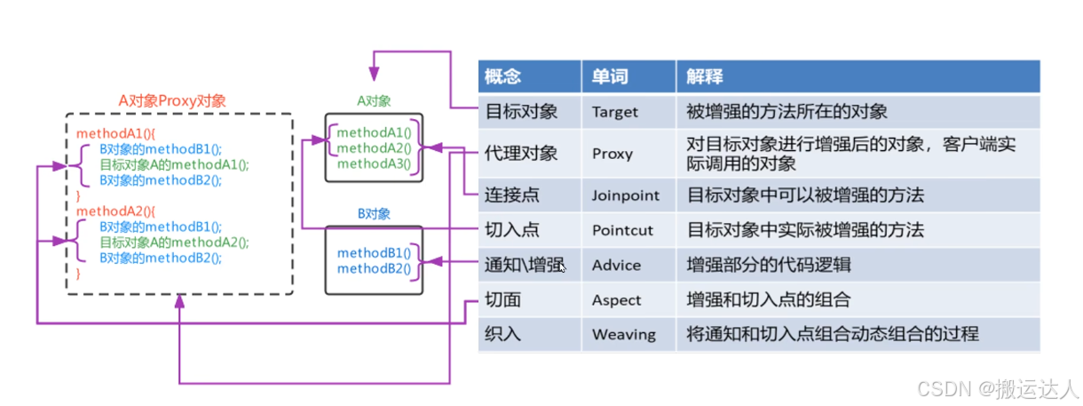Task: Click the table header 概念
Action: coord(502,77)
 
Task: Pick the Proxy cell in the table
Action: coord(613,153)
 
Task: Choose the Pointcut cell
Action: coord(622,230)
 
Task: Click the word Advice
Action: coord(616,265)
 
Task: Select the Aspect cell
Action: coord(616,300)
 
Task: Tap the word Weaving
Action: coord(623,335)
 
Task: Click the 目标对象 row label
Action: coord(521,112)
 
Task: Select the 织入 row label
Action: coord(502,335)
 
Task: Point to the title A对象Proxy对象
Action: coord(172,100)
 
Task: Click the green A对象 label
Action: coord(374,101)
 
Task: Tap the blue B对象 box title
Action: coord(374,214)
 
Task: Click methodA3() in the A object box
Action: coord(374,163)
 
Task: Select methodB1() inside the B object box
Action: coord(374,253)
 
